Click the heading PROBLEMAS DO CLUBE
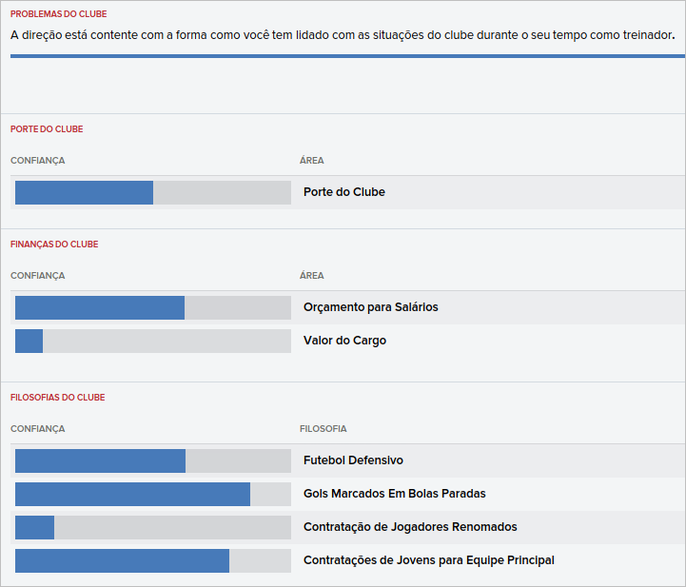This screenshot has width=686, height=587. (x=58, y=14)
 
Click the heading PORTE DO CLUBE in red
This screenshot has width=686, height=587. (x=53, y=129)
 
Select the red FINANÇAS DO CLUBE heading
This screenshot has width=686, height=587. (x=54, y=245)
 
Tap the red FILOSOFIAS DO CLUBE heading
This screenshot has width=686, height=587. (x=57, y=398)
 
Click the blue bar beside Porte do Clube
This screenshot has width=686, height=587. (x=84, y=192)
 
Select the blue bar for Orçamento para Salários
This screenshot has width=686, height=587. (x=100, y=307)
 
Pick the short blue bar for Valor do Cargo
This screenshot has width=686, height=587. (x=29, y=341)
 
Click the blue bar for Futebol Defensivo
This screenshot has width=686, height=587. (x=100, y=460)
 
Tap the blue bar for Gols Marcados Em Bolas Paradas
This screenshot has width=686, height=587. (x=132, y=494)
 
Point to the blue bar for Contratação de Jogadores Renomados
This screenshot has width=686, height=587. (x=34, y=527)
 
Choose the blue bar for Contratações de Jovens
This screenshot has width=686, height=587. (x=122, y=560)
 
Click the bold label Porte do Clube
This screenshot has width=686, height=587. (x=343, y=192)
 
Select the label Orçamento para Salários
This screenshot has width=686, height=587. (x=370, y=307)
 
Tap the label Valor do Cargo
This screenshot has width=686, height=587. (x=344, y=341)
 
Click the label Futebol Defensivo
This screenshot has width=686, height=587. (x=353, y=460)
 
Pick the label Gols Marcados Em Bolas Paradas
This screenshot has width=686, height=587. (x=394, y=494)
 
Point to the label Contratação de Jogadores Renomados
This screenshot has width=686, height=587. (x=410, y=527)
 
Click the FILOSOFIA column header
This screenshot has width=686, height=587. (x=323, y=429)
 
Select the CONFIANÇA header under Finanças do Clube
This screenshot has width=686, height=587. (x=37, y=276)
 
